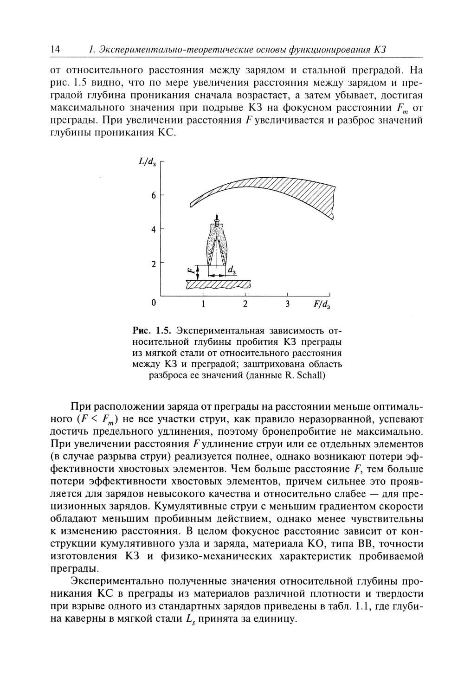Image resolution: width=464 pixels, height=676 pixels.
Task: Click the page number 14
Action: [55, 50]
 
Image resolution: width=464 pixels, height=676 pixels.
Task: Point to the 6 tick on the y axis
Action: [154, 195]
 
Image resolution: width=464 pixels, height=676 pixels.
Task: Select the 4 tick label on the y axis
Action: [154, 229]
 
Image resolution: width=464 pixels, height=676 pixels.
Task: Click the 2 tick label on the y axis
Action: [154, 264]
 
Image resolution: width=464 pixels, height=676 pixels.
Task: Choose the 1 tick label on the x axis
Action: [203, 304]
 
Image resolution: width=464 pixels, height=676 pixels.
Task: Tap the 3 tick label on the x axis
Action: [288, 304]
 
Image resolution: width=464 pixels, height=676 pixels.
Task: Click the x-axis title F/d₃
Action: [322, 304]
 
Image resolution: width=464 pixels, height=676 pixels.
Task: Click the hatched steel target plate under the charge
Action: [218, 283]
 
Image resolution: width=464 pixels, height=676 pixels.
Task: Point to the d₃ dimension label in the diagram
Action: [231, 269]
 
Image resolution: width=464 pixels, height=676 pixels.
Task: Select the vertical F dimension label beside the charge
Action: [190, 270]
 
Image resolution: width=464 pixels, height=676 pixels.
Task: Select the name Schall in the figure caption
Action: [309, 375]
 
